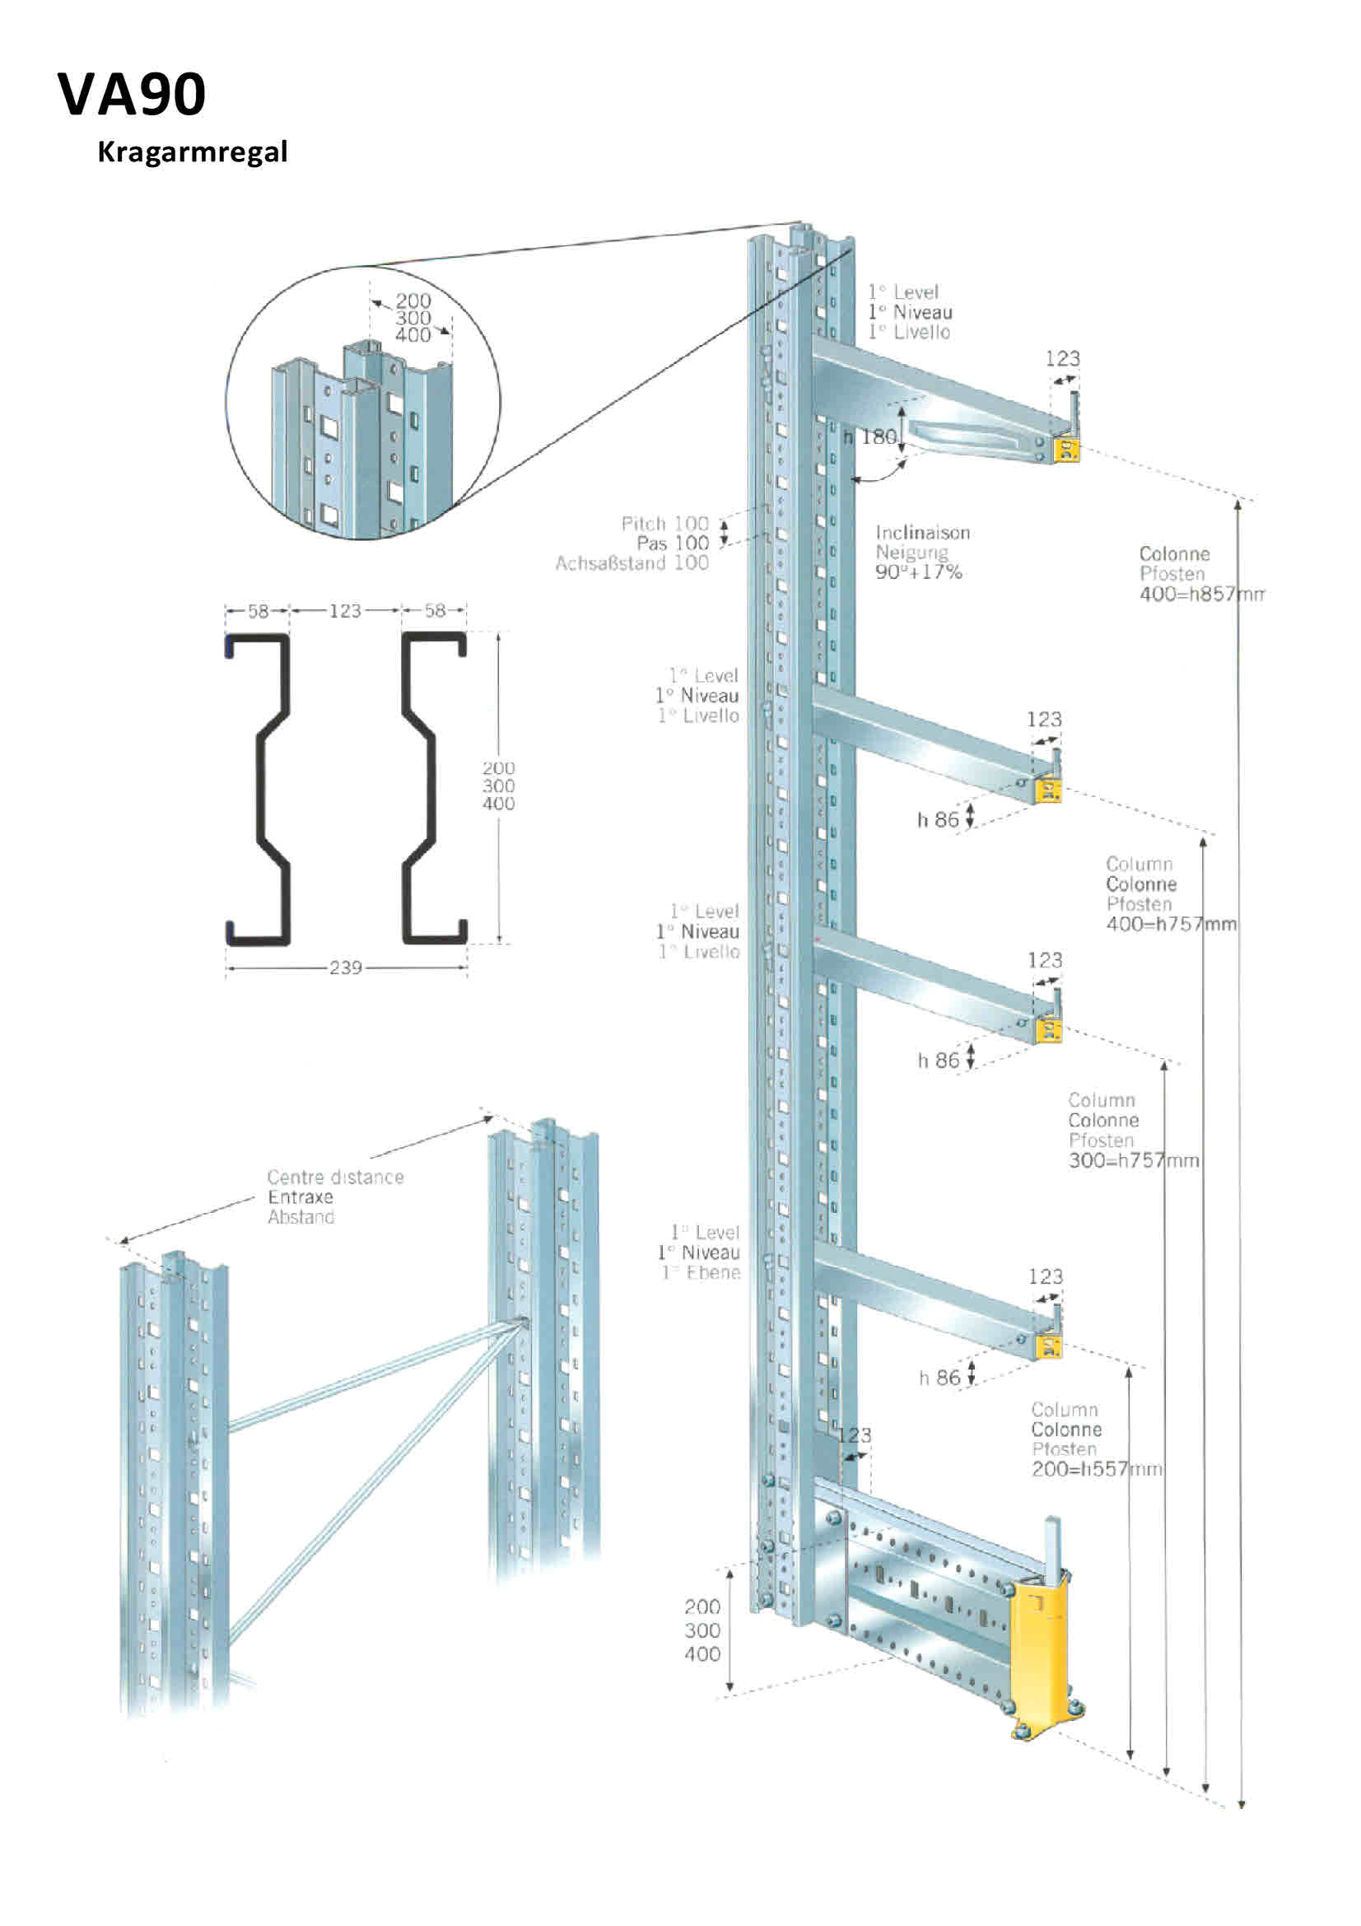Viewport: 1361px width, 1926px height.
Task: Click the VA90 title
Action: coord(132,94)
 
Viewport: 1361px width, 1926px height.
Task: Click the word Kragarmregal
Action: coord(192,152)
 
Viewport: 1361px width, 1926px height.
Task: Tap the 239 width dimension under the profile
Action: coord(346,968)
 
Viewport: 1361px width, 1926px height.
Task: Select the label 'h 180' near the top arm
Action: coord(870,437)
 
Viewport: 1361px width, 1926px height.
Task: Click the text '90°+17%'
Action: coord(918,572)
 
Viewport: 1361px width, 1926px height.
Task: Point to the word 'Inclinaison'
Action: coord(922,533)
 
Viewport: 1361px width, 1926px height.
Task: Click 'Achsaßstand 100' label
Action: coord(632,563)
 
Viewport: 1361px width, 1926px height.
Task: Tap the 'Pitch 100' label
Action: coord(664,524)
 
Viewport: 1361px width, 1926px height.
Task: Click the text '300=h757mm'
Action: coord(1133,1160)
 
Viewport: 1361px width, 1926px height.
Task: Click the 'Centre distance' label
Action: coord(335,1177)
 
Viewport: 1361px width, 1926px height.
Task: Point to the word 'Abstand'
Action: coord(301,1217)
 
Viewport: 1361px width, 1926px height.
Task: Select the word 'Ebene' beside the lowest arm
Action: coord(713,1272)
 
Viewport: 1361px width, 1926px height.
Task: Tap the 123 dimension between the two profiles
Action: coord(345,611)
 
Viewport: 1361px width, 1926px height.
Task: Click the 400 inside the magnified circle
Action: coord(412,334)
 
